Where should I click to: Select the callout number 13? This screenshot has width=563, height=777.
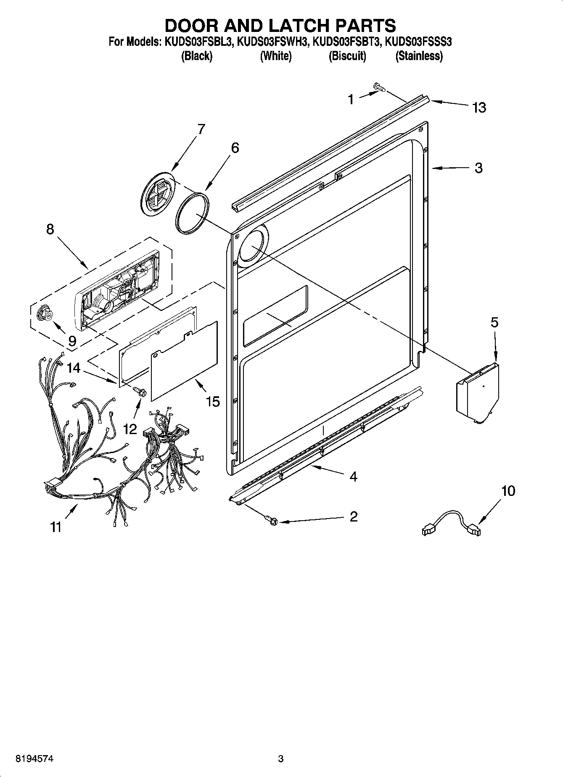coord(479,108)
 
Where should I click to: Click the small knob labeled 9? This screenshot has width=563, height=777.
coord(44,314)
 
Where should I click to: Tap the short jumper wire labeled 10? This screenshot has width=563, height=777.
coord(451,522)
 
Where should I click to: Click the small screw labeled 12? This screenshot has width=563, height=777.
coord(140,392)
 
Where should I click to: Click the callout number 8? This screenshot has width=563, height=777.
coord(50,229)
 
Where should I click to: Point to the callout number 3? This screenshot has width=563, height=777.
coord(478,168)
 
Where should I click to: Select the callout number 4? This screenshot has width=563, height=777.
coord(353,477)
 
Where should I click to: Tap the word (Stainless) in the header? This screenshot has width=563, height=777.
coord(419,56)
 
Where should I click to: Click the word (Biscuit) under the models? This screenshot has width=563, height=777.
coord(347,56)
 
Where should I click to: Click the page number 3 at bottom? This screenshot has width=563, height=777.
coord(281,759)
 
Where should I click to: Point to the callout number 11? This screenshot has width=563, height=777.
coord(56,527)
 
